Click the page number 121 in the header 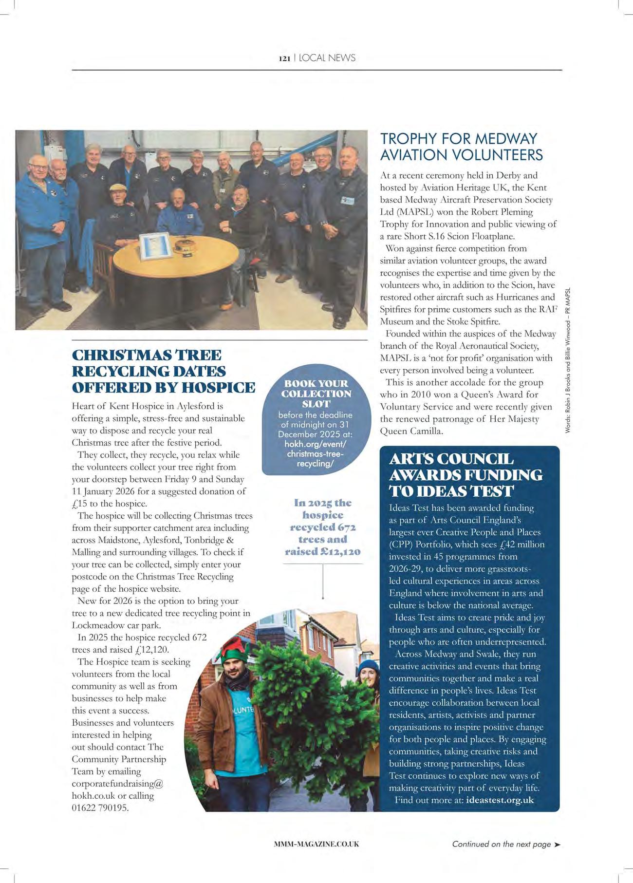coord(284,58)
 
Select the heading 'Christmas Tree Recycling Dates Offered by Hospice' coord(163,371)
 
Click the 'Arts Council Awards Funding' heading coord(465,474)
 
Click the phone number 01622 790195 coord(100,808)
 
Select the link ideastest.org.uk coord(500,800)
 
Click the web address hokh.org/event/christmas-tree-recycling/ coord(316,453)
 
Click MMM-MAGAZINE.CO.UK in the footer coord(316,844)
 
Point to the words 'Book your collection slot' coord(316,394)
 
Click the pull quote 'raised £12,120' coord(323,551)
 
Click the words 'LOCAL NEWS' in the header coord(327,58)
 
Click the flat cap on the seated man coord(118,188)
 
